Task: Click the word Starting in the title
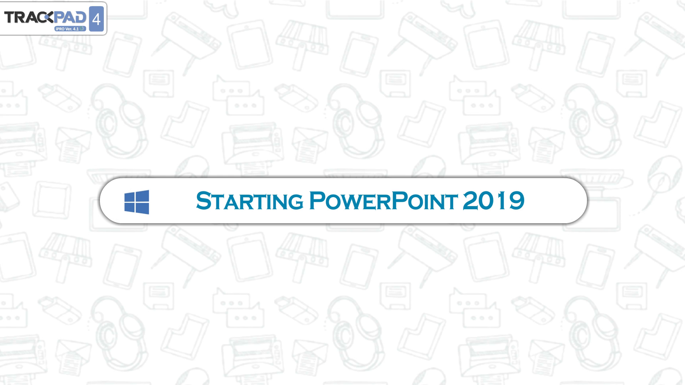pyautogui.click(x=250, y=201)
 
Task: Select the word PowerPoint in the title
pyautogui.click(x=383, y=201)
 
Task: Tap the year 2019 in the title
pyautogui.click(x=493, y=201)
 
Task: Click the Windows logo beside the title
pyautogui.click(x=137, y=202)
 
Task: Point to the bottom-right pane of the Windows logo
pyautogui.click(x=143, y=209)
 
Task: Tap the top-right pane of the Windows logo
pyautogui.click(x=143, y=196)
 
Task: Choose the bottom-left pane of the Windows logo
pyautogui.click(x=130, y=207)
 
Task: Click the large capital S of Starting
pyautogui.click(x=203, y=201)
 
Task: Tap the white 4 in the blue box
pyautogui.click(x=96, y=19)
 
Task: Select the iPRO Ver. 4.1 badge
pyautogui.click(x=70, y=29)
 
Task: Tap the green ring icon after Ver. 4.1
pyautogui.click(x=82, y=29)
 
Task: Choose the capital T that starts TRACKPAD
pyautogui.click(x=9, y=17)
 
